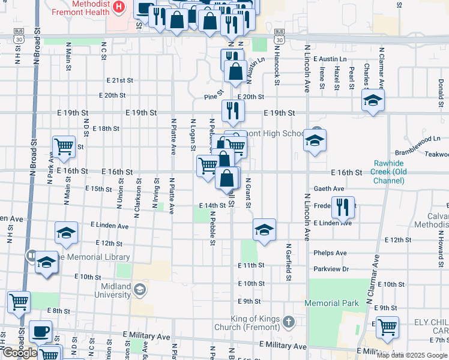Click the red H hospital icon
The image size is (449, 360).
[119, 7]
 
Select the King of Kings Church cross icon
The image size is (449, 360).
[289, 322]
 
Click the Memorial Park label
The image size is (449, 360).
[331, 304]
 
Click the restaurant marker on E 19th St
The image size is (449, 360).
[232, 110]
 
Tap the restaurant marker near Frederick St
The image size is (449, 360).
[343, 207]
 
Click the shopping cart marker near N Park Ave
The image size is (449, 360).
[63, 145]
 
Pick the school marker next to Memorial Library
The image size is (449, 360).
[46, 262]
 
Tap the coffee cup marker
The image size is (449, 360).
[40, 331]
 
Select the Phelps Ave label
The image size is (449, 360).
[330, 253]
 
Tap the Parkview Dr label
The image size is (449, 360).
[331, 269]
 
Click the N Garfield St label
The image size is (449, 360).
[289, 262]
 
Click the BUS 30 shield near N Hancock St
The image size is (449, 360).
[279, 34]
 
